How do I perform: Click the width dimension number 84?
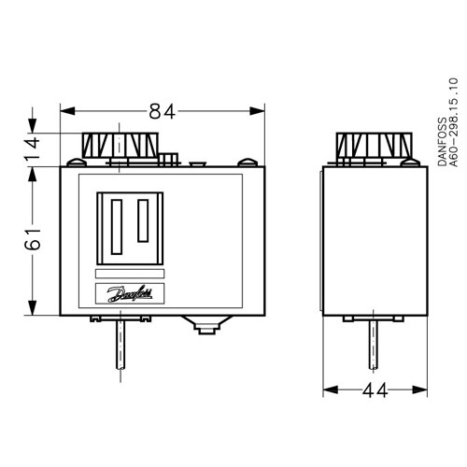click(163, 112)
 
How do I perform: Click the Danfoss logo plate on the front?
click(129, 295)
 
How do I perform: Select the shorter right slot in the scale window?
click(144, 225)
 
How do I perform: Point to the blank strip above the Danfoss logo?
click(129, 274)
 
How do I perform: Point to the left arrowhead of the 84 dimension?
click(65, 112)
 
